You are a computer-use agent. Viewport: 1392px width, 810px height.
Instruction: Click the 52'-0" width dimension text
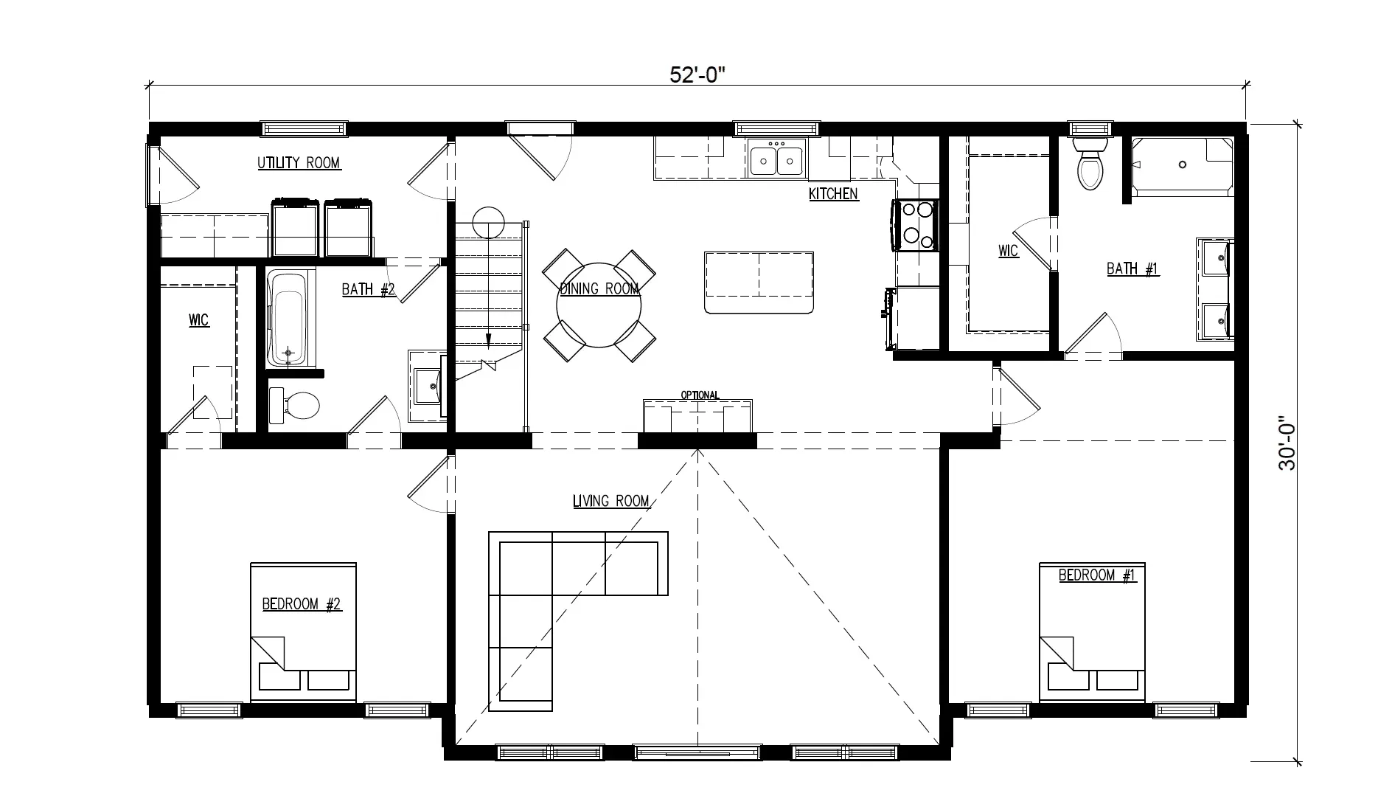[x=697, y=74]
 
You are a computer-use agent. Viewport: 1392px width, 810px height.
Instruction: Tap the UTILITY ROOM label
[x=299, y=163]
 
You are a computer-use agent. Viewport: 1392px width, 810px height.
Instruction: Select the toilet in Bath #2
[x=294, y=406]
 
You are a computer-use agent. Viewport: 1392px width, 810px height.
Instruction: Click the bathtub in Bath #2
[x=290, y=319]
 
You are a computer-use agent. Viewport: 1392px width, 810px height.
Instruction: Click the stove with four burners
[x=916, y=224]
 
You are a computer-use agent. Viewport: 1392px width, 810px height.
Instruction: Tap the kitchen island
[x=759, y=283]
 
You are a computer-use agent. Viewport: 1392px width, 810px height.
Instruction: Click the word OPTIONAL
[x=700, y=395]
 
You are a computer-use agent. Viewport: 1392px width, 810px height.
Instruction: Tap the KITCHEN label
[x=833, y=194]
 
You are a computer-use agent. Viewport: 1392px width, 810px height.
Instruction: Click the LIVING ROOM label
[x=610, y=502]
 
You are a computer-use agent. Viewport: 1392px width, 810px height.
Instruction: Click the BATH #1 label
[x=1132, y=269]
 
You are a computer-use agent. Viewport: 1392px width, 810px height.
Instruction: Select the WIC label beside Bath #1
[x=1008, y=251]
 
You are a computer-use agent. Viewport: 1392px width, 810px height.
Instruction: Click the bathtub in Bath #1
[x=1182, y=167]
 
